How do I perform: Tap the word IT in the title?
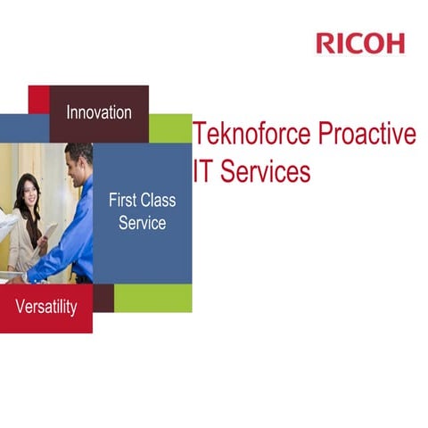click(x=203, y=171)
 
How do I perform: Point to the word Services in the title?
click(x=265, y=171)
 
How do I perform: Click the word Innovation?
click(x=99, y=112)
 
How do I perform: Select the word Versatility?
click(x=46, y=308)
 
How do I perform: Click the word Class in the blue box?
click(x=159, y=201)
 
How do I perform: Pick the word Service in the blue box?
click(x=143, y=223)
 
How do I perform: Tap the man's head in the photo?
click(x=78, y=160)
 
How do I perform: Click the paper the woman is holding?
click(x=51, y=234)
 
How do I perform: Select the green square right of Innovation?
click(x=170, y=128)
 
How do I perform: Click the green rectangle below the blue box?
click(x=152, y=298)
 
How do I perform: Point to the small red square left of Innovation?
click(x=38, y=99)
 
